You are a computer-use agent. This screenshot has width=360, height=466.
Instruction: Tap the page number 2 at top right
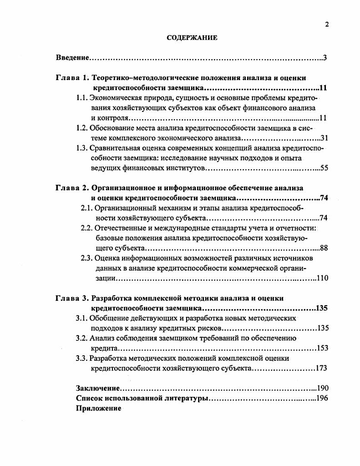click(x=327, y=25)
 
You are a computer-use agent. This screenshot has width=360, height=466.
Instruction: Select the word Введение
click(x=72, y=58)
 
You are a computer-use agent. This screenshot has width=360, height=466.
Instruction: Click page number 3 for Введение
click(x=325, y=58)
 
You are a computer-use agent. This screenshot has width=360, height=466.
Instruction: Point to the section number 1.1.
click(x=81, y=98)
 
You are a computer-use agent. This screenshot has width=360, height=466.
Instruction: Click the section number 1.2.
click(x=82, y=128)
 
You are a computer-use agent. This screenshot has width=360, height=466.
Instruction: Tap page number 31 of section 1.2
click(x=324, y=138)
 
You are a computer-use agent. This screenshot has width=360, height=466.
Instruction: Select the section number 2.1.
click(x=86, y=208)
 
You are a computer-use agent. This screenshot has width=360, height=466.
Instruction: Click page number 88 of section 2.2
click(x=324, y=248)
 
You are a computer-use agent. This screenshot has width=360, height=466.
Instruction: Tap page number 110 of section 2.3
click(x=322, y=278)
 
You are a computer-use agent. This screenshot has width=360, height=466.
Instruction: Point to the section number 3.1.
click(x=81, y=318)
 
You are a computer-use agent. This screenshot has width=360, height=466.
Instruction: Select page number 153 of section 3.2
click(x=322, y=348)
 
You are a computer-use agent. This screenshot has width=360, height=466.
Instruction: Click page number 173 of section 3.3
click(x=321, y=368)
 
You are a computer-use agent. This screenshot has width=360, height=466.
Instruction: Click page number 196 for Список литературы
click(x=322, y=398)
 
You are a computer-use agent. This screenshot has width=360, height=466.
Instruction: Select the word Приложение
click(x=98, y=408)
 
